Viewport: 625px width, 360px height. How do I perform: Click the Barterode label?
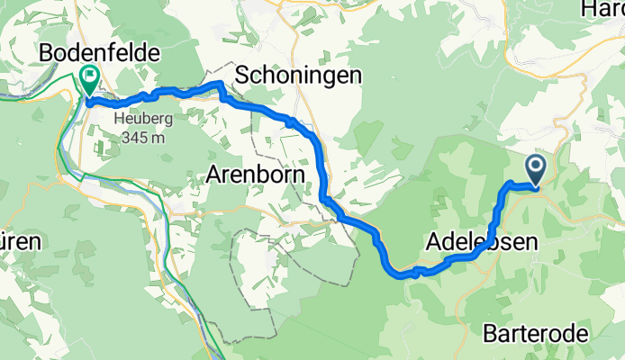pos(536,334)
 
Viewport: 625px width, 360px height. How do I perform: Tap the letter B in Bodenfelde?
pos(47,53)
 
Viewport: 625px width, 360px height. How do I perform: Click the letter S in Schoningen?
pos(242,76)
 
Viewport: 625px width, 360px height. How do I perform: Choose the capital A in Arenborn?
pos(213,173)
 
